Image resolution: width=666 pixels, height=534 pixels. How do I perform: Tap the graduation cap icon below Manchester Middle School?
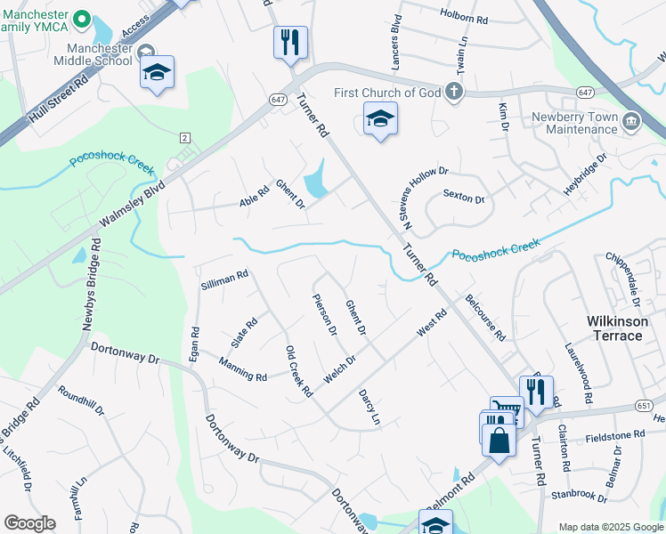tap(158, 73)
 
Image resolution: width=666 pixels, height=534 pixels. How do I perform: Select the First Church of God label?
tap(388, 93)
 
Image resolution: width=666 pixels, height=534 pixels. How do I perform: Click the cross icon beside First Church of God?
tap(454, 91)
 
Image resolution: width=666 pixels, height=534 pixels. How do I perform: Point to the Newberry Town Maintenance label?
tap(574, 123)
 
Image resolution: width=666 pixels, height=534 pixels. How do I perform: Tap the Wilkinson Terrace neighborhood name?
tap(615, 328)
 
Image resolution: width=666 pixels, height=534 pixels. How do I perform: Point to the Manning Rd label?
tap(243, 370)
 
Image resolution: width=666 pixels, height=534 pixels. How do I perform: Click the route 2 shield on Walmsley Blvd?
tap(184, 137)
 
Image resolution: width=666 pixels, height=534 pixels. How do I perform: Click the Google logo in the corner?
tap(29, 523)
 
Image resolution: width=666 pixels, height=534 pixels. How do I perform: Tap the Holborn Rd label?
tap(465, 15)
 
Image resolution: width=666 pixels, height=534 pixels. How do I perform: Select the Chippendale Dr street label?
tap(623, 279)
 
